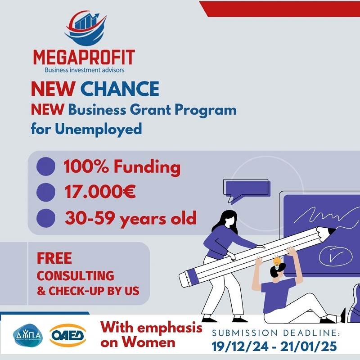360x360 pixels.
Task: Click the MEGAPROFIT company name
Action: (x=84, y=57)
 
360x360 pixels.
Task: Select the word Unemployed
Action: (x=99, y=129)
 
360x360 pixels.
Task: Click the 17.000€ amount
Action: (x=99, y=192)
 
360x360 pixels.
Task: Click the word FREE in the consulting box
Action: (x=54, y=258)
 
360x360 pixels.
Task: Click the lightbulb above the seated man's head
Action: (x=277, y=261)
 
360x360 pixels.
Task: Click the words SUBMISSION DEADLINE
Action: (x=277, y=333)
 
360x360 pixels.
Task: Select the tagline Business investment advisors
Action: (x=84, y=70)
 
